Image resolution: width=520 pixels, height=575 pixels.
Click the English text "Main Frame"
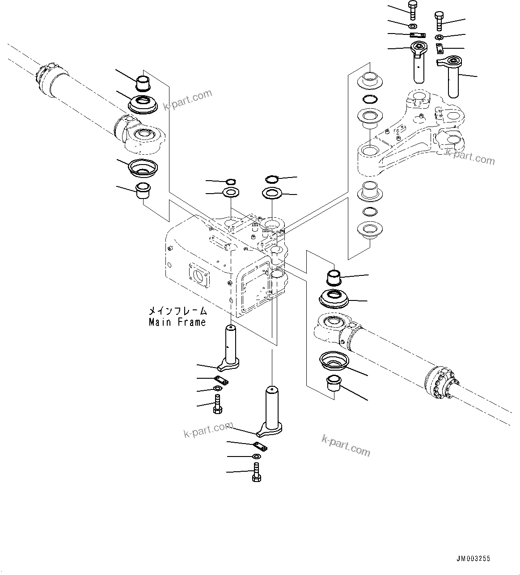coord(177,322)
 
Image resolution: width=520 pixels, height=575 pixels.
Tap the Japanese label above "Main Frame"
coord(177,311)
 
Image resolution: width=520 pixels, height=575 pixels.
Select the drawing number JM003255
coord(473,558)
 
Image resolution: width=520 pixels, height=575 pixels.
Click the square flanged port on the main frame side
coord(198,277)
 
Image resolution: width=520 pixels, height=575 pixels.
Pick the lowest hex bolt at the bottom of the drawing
coord(256,473)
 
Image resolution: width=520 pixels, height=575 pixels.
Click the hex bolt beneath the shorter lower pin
coord(218,405)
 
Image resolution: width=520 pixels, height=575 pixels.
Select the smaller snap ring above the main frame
coord(230,181)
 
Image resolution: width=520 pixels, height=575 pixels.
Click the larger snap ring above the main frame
coord(271,179)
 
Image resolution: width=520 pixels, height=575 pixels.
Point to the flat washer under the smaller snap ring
coord(231,194)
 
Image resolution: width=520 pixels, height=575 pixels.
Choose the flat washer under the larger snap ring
coord(272,194)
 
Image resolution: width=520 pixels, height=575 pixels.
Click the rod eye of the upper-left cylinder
coord(141,135)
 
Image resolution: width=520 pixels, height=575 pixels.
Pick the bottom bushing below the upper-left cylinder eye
coord(143,191)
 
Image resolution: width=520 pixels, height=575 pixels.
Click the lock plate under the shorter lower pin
coord(221,381)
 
